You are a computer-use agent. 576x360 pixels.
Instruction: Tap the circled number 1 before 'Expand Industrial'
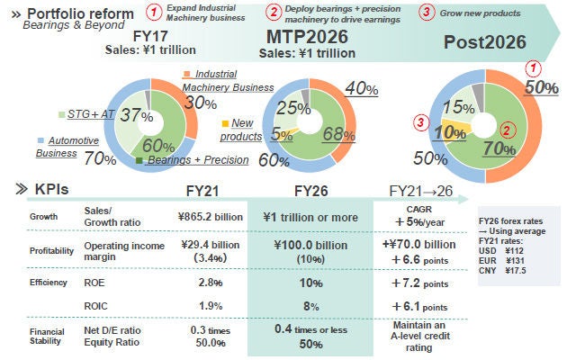point(155,13)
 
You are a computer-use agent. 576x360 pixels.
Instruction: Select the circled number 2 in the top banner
point(274,13)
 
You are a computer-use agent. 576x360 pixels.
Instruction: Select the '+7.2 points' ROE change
point(421,282)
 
